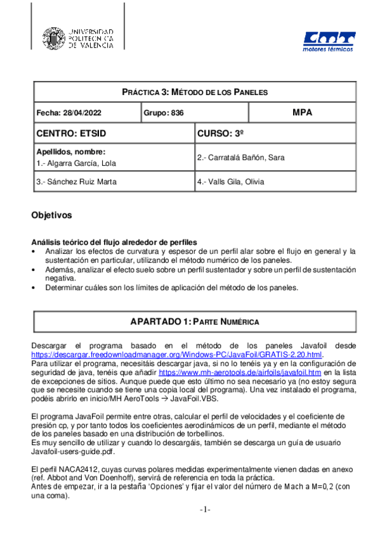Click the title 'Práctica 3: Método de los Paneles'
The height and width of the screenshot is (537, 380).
(x=195, y=92)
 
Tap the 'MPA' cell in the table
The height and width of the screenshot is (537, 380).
(x=302, y=112)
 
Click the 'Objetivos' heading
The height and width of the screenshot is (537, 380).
(x=51, y=215)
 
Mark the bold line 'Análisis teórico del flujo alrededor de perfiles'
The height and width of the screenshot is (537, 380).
(x=114, y=243)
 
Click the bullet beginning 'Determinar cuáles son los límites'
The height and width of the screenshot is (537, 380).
(x=171, y=287)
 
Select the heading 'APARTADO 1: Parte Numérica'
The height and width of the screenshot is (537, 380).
(x=195, y=322)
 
